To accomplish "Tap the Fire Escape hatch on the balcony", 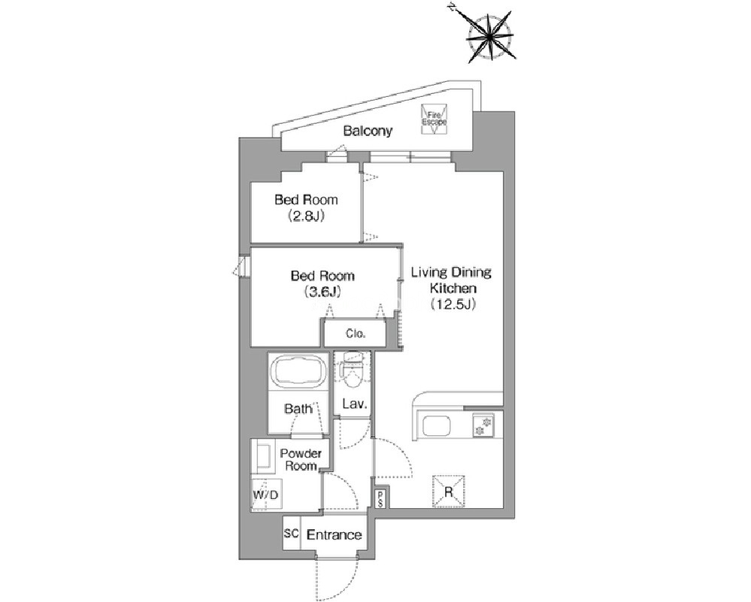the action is pos(434,119).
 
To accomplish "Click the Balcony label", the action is pos(368,131).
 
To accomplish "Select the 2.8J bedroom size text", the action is pos(306,216).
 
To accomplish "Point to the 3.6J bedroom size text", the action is pos(323,292).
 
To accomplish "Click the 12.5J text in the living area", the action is pos(452,304).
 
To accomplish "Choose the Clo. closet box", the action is pos(355,334).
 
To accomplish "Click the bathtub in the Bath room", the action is pos(298,370).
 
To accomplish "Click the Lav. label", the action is pos(354,404).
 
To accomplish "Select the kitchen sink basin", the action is pos(436,425).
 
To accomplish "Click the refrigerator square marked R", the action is pos(449,491).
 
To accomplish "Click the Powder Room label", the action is pos(301,459).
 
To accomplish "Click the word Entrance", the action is pos(334,534).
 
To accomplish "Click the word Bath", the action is pos(298,409).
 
